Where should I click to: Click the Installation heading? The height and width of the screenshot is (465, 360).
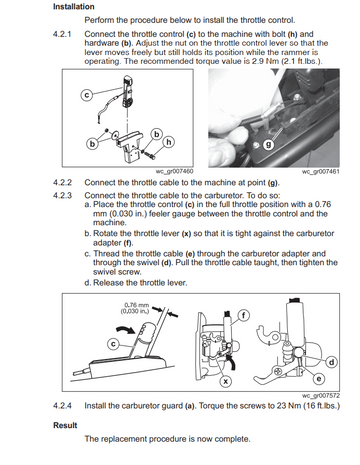click(x=74, y=7)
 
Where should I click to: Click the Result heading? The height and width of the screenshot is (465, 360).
click(x=65, y=425)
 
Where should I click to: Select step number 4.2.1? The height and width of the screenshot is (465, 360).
click(x=62, y=34)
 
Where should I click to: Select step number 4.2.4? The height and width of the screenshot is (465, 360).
click(x=62, y=406)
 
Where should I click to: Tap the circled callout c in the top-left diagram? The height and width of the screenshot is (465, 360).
click(x=86, y=95)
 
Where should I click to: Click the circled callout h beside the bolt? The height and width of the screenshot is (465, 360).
click(x=169, y=142)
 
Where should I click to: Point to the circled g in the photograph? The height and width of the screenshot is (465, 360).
click(x=269, y=145)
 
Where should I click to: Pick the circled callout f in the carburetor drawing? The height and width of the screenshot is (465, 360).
click(x=244, y=315)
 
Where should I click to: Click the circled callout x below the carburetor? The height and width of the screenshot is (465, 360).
click(x=226, y=381)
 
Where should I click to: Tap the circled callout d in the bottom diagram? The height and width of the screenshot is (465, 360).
click(x=332, y=362)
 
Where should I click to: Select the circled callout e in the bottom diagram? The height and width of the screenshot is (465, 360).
click(x=319, y=379)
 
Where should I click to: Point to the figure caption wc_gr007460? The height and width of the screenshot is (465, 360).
click(x=174, y=171)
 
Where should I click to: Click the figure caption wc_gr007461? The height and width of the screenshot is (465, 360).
click(x=321, y=171)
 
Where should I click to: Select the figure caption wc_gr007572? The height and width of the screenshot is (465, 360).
click(x=321, y=396)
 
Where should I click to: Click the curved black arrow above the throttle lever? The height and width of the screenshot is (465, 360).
click(x=126, y=330)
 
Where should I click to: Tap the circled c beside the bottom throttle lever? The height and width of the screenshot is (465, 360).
click(x=113, y=344)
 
